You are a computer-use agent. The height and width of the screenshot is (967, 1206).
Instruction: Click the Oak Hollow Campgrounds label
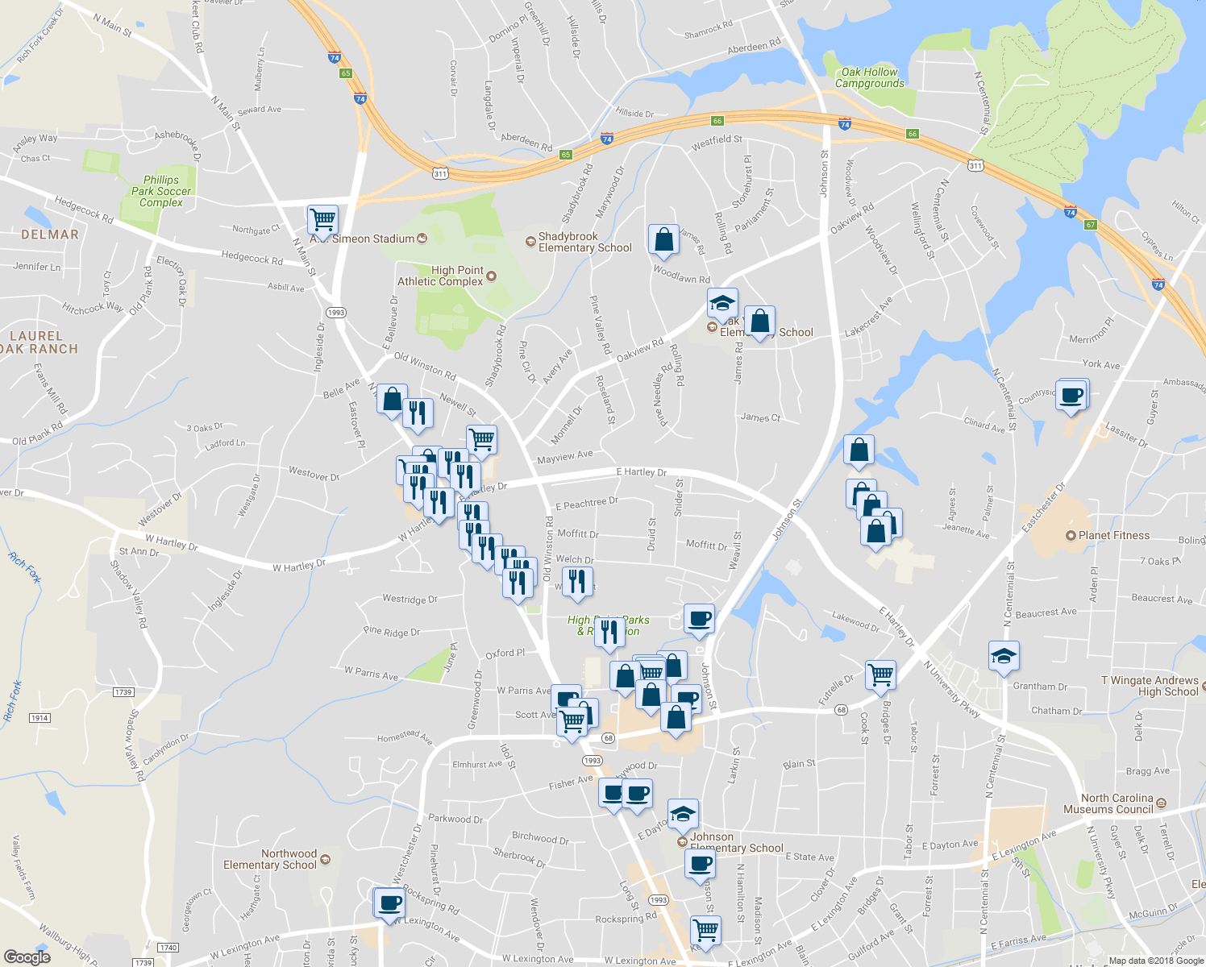click(870, 77)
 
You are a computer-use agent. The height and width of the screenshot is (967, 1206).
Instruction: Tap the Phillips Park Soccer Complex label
click(161, 191)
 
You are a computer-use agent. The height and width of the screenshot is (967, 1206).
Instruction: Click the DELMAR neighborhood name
click(50, 234)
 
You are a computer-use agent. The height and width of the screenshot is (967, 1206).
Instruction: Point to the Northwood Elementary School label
click(270, 859)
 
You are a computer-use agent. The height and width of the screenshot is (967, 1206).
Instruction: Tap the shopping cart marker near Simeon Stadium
click(322, 219)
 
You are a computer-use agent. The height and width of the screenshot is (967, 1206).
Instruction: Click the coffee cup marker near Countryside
click(1072, 396)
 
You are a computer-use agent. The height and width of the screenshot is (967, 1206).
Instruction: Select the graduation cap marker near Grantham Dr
click(1004, 657)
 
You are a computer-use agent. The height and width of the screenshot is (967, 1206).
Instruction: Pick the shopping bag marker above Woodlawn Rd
click(663, 239)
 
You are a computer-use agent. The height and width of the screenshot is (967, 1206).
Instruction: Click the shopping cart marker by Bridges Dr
click(880, 674)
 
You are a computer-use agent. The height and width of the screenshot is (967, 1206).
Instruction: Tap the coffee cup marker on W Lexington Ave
click(390, 903)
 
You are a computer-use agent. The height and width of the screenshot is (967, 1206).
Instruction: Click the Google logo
click(27, 957)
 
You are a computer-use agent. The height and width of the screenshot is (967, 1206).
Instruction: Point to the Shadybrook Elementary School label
click(584, 242)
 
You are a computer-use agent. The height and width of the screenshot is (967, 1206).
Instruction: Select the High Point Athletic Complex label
click(440, 276)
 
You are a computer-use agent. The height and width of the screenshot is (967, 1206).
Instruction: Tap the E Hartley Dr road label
click(641, 472)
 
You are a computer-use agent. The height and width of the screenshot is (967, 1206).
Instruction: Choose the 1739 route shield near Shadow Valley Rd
click(123, 692)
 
